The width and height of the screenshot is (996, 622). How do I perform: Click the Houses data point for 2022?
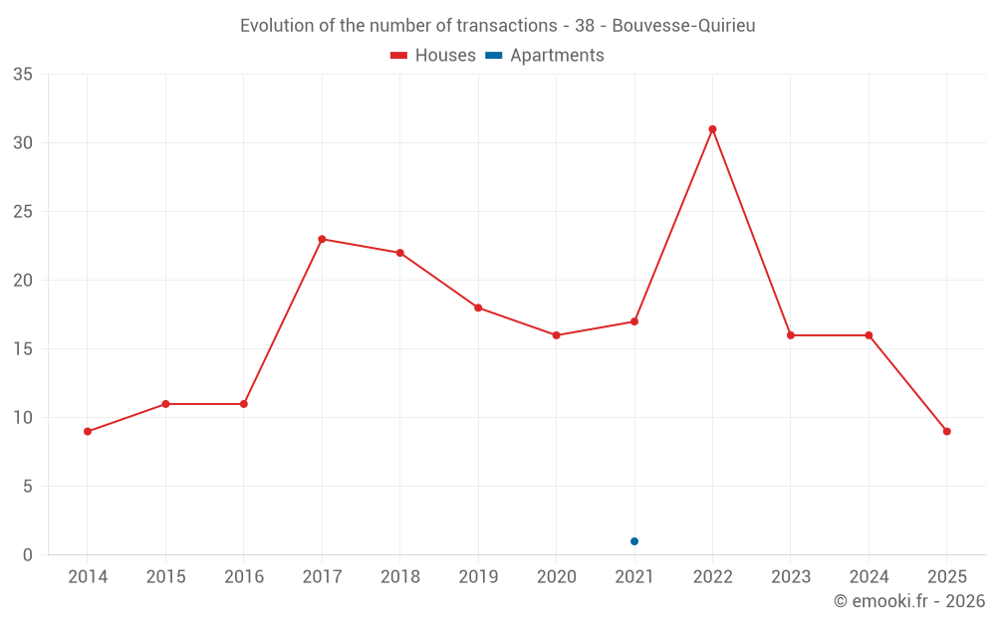click(x=712, y=129)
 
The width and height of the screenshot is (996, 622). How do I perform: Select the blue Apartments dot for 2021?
click(x=634, y=541)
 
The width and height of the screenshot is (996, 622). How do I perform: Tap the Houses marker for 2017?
click(x=322, y=239)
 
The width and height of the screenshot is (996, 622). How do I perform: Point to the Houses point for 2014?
click(x=88, y=431)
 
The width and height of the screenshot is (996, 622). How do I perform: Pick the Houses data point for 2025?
click(x=946, y=431)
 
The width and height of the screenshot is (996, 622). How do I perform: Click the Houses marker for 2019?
click(x=478, y=308)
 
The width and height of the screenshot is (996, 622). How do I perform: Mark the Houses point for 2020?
click(x=556, y=335)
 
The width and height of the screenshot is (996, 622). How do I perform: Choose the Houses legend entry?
click(x=433, y=56)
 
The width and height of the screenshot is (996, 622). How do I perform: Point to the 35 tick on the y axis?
click(x=23, y=75)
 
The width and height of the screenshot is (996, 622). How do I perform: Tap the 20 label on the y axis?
click(x=23, y=281)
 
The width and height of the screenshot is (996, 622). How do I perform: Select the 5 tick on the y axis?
click(x=28, y=487)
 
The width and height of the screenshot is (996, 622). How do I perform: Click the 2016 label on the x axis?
click(x=244, y=577)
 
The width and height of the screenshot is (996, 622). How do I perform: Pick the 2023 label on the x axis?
click(x=791, y=577)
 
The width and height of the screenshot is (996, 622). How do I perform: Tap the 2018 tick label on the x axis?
click(x=400, y=577)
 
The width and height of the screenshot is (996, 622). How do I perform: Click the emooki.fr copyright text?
click(x=908, y=601)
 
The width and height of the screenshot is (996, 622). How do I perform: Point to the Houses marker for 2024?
click(x=869, y=335)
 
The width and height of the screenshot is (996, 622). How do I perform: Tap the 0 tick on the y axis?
click(x=28, y=555)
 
